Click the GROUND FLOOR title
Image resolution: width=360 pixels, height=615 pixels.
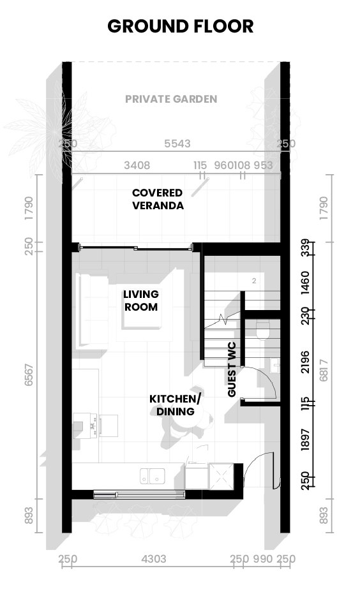coord(180,26)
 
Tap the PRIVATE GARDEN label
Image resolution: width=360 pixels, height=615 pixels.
coord(171,99)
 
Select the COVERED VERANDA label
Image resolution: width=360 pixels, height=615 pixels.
coord(158,199)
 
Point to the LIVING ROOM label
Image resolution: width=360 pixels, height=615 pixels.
coord(141,300)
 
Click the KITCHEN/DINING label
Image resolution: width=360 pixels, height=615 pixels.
coord(176,405)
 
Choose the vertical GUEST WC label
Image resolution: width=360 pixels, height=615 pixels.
coord(232,369)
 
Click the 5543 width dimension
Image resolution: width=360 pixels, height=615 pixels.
coord(177,144)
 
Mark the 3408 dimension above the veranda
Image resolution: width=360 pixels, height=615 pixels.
coord(137,165)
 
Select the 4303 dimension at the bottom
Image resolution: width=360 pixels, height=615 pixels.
coord(153,559)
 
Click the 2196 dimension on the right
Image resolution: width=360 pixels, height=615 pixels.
coord(305,361)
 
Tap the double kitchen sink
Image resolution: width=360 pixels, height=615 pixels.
coord(153,475)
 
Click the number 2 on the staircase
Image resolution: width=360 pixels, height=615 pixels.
coord(254,280)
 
